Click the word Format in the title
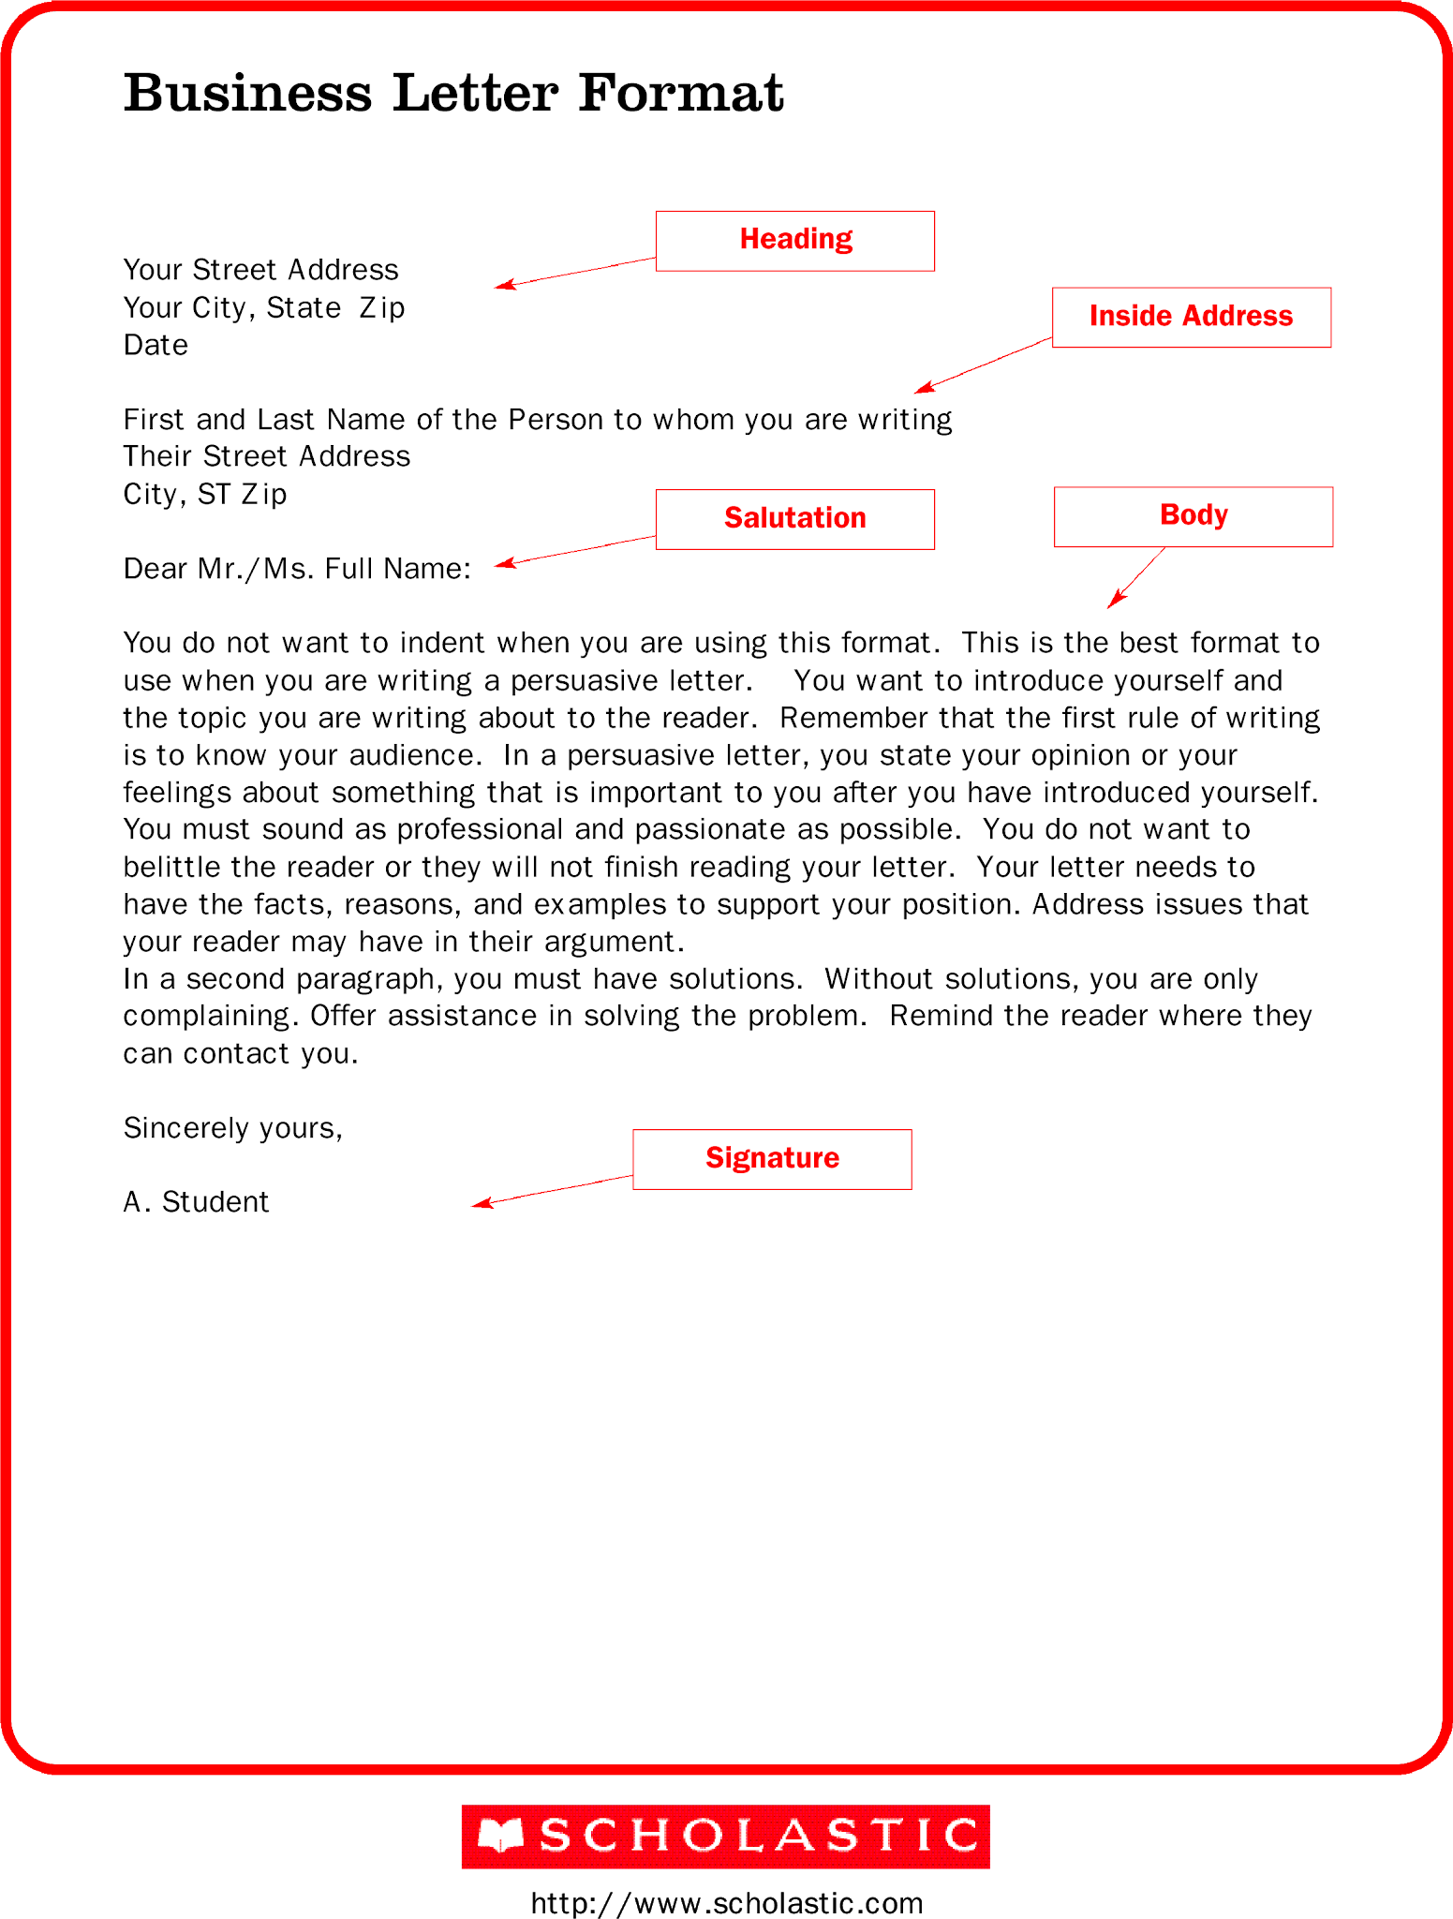pyautogui.click(x=680, y=94)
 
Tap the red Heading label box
pyautogui.click(x=794, y=241)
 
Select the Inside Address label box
pyautogui.click(x=1191, y=317)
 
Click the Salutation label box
pyautogui.click(x=794, y=519)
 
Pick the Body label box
pyautogui.click(x=1193, y=516)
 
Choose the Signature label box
pyautogui.click(x=772, y=1159)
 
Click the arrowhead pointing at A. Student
pyautogui.click(x=480, y=1204)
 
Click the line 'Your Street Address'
pyautogui.click(x=260, y=270)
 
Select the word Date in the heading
pyautogui.click(x=156, y=346)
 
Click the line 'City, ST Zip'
pyautogui.click(x=204, y=494)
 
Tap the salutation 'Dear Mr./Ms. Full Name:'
pyautogui.click(x=296, y=569)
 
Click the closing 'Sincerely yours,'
pyautogui.click(x=232, y=1128)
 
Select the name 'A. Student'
pyautogui.click(x=196, y=1202)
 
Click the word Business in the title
pyautogui.click(x=247, y=94)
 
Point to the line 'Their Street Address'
pyautogui.click(x=266, y=456)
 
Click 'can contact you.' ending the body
pyautogui.click(x=240, y=1054)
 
